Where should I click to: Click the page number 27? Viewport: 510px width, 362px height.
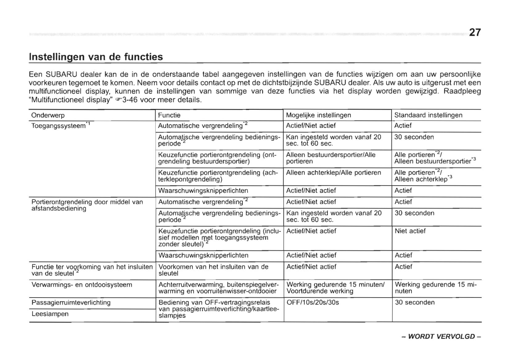point(475,32)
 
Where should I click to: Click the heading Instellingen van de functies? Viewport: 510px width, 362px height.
point(96,57)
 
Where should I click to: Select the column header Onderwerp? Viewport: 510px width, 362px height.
point(48,115)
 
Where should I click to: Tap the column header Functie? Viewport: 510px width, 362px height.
point(169,115)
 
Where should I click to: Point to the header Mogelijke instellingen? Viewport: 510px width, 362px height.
point(318,115)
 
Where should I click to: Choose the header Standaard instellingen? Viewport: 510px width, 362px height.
point(428,115)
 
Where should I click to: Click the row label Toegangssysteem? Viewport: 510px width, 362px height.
point(59,126)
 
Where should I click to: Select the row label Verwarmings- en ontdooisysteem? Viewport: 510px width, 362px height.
point(82,285)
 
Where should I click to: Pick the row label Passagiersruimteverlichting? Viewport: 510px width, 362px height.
point(71,302)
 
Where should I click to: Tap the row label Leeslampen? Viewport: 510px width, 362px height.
point(50,314)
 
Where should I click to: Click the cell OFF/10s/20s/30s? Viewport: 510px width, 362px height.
point(313,302)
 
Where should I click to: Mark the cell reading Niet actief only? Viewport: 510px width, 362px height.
point(410,231)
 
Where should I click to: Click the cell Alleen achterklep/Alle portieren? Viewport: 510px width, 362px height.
point(333,173)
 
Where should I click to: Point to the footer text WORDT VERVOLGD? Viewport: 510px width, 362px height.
point(441,336)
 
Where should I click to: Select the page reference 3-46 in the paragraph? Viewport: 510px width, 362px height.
point(130,100)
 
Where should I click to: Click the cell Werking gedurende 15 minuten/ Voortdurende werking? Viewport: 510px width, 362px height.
point(335,288)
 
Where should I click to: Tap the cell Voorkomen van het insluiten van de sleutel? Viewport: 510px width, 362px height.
point(213,270)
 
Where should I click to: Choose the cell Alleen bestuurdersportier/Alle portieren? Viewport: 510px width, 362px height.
point(331,158)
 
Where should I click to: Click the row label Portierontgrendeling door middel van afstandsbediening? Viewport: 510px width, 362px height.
point(87,205)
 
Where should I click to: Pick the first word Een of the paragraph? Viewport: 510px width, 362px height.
point(35,75)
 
